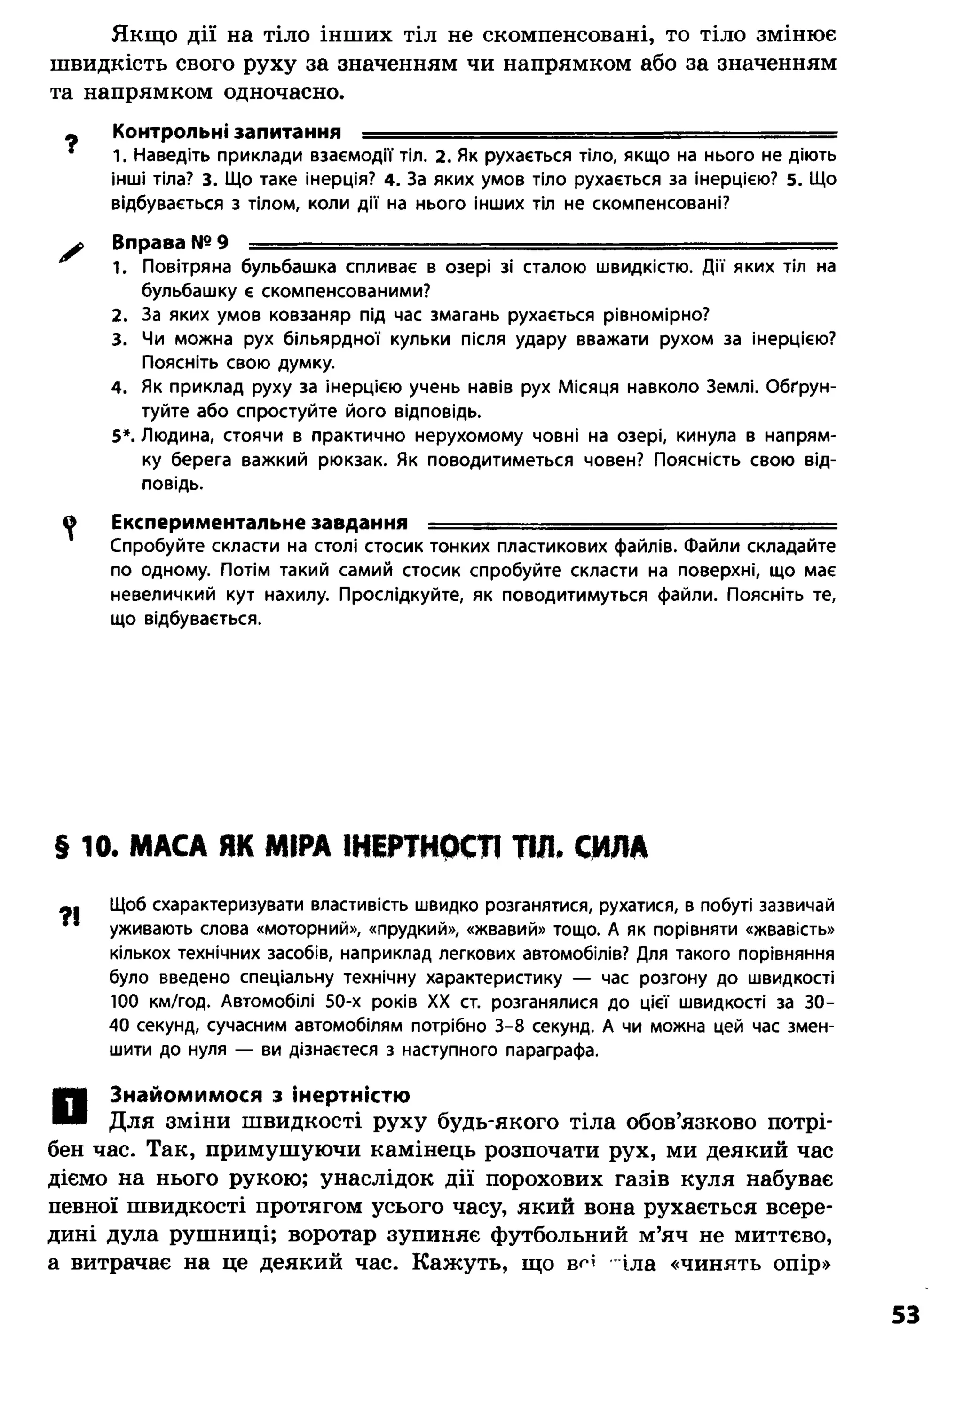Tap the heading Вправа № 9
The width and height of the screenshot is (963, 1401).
pos(170,243)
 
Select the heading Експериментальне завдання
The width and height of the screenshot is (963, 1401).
pos(260,522)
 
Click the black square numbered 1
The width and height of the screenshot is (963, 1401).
pos(70,1106)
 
